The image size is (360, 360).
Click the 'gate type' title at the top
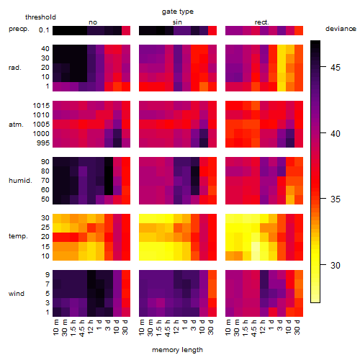coord(178,12)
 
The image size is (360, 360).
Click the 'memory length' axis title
coord(178,350)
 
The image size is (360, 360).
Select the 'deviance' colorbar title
coord(341,29)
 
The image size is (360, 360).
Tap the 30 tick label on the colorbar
coord(336,265)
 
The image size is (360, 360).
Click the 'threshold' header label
coord(40,17)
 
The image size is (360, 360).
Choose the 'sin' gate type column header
coord(177,22)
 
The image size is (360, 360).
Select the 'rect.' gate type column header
coord(262,22)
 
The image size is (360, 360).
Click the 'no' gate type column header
coord(93,22)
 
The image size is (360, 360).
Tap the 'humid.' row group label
coord(20,181)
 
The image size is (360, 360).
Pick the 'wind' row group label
coord(17,294)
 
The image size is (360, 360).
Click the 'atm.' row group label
coord(16,125)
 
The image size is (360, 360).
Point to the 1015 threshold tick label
coord(41,105)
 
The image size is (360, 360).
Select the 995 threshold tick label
coord(43,143)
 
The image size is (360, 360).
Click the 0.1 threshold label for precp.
coord(44,30)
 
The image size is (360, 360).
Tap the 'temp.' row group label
coord(18,236)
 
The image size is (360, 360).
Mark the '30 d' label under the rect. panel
coord(297,327)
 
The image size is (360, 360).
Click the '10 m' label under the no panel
coord(55,327)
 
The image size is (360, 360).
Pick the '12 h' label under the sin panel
coord(176,327)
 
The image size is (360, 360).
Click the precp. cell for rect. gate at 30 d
coord(299,30)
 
